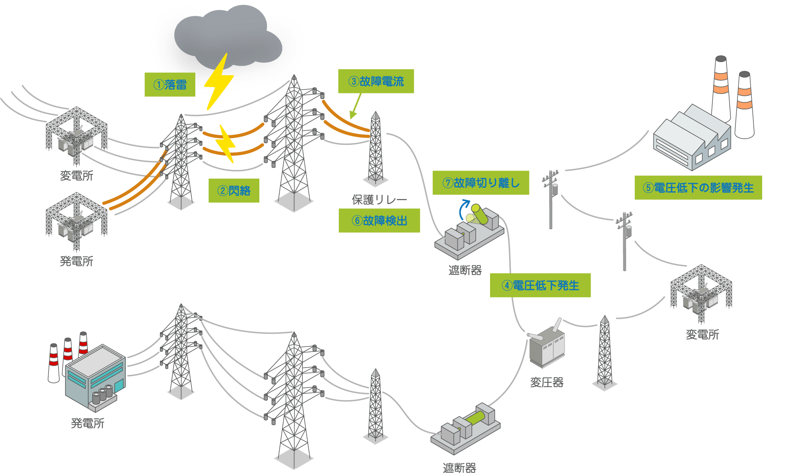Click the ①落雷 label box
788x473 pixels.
pyautogui.click(x=169, y=84)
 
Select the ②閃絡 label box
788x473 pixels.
pyautogui.click(x=234, y=191)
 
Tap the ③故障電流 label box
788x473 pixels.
pyautogui.click(x=376, y=82)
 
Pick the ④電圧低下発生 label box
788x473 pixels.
pyautogui.click(x=540, y=285)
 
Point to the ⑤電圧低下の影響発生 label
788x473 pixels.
pyautogui.click(x=698, y=187)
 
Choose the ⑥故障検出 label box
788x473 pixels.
pyautogui.click(x=379, y=220)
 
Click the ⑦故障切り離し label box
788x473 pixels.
pyautogui.click(x=481, y=183)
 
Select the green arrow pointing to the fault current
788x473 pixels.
pyautogui.click(x=355, y=107)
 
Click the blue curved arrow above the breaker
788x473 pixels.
pyautogui.click(x=463, y=210)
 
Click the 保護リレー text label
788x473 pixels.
pyautogui.click(x=379, y=200)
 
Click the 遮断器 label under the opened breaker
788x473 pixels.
pyautogui.click(x=465, y=271)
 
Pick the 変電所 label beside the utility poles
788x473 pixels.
pyautogui.click(x=702, y=335)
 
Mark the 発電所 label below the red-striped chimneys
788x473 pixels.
pyautogui.click(x=88, y=423)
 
